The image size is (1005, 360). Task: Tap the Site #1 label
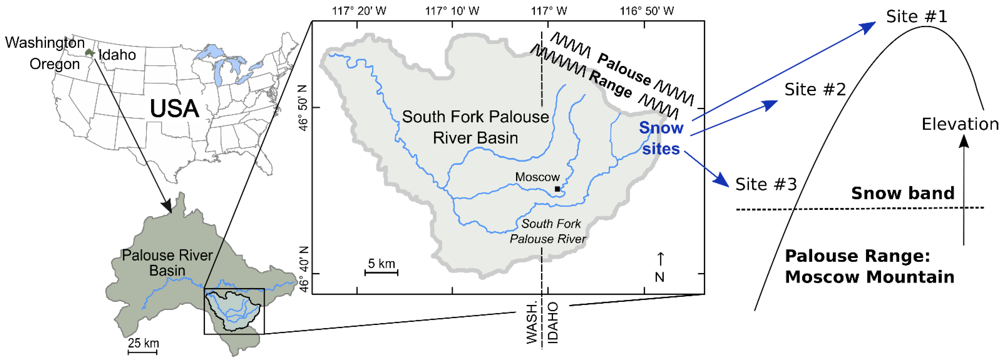(916, 17)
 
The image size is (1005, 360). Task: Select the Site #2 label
(815, 90)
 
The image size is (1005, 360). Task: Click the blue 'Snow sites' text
(661, 138)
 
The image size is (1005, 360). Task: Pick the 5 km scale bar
(381, 272)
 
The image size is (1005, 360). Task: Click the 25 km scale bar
(143, 352)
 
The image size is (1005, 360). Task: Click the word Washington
(45, 42)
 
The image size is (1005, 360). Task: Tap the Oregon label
(55, 64)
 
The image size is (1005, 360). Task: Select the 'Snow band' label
(902, 193)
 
